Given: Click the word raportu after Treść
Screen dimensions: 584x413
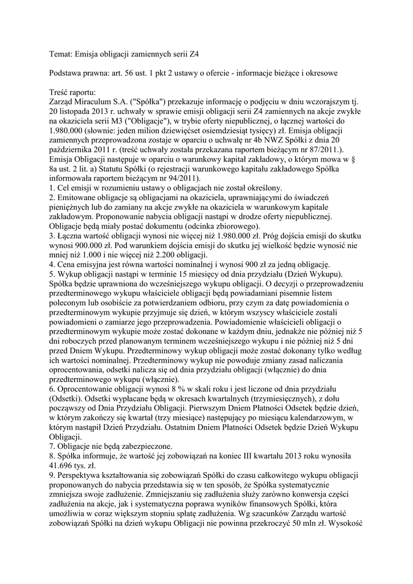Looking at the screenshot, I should point(83,92).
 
